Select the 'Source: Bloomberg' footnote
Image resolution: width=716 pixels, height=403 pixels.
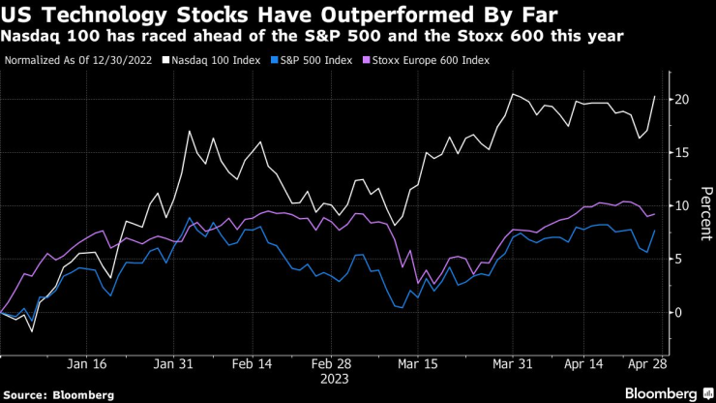tap(58, 394)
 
